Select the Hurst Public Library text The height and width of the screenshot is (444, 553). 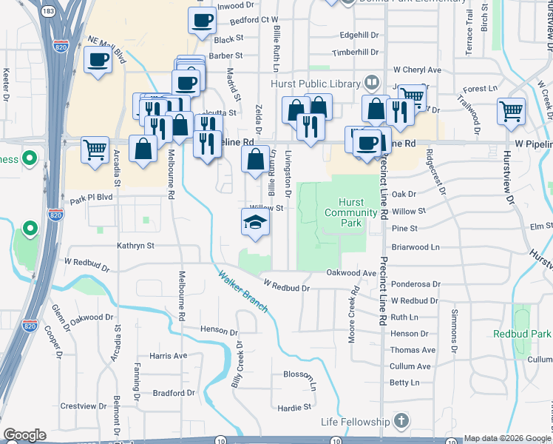pos(315,84)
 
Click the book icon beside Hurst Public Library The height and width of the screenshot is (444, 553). pos(373,83)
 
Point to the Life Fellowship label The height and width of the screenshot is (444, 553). pos(355,422)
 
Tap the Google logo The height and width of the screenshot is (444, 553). pos(24,435)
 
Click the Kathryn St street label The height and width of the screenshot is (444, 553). pos(135,245)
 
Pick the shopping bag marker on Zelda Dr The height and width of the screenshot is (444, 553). pos(256,159)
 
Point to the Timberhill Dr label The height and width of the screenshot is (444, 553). pos(355,53)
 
